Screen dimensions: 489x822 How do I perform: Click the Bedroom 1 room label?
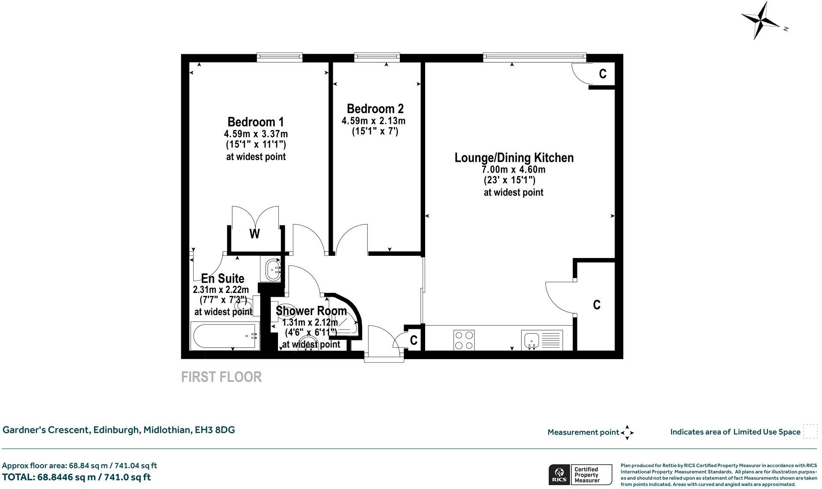pos(255,122)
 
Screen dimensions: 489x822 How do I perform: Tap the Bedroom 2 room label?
pos(375,108)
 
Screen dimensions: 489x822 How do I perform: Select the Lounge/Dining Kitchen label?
pos(514,158)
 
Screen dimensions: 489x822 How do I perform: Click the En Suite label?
pos(222,278)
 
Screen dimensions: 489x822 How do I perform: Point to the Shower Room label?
pos(311,310)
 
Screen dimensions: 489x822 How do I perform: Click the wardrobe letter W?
pos(254,234)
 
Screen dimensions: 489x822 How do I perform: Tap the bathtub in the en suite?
pos(224,336)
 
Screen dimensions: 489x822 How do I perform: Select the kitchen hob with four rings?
pos(464,340)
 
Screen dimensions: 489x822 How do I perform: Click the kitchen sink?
pos(532,340)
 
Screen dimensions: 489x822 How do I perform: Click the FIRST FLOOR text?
pos(221,377)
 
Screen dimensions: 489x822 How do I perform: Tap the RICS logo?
pos(559,474)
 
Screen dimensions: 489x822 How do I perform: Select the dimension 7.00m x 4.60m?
pos(514,169)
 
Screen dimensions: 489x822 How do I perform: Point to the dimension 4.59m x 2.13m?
pos(373,121)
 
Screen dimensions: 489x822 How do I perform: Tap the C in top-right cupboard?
pos(602,74)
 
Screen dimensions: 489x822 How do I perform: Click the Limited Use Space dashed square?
pos(810,431)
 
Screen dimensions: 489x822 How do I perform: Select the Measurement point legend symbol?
pos(627,432)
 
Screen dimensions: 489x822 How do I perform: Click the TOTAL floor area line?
pos(77,477)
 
